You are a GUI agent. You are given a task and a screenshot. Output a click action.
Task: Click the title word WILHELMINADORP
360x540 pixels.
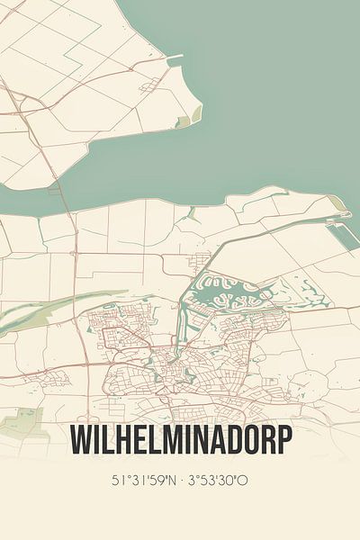click(x=180, y=442)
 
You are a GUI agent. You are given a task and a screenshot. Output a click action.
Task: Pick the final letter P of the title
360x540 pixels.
click(x=283, y=442)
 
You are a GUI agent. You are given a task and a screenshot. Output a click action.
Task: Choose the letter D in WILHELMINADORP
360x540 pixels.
click(x=226, y=442)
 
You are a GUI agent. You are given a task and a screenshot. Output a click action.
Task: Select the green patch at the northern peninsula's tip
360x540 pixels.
click(x=184, y=120)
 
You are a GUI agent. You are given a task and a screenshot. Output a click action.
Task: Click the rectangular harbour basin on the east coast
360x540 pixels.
click(x=341, y=236)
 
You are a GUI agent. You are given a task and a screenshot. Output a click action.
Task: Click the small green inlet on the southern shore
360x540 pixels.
click(x=191, y=213)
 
